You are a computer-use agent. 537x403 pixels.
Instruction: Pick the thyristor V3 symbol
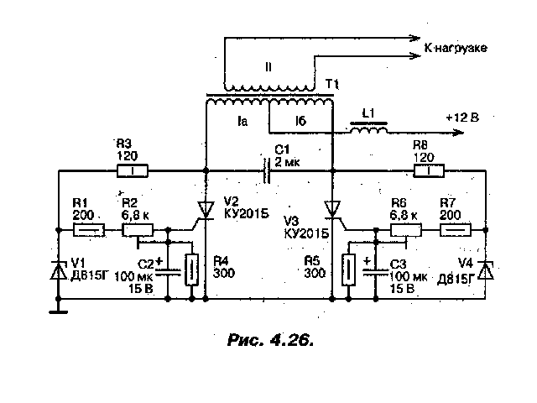pos(333,210)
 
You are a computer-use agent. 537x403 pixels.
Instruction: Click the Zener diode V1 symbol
pos(59,270)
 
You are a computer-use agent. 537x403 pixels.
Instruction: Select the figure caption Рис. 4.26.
pos(270,339)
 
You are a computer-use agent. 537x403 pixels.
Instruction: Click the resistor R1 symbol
pos(91,228)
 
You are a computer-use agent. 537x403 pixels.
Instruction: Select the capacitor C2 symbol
pos(168,270)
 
